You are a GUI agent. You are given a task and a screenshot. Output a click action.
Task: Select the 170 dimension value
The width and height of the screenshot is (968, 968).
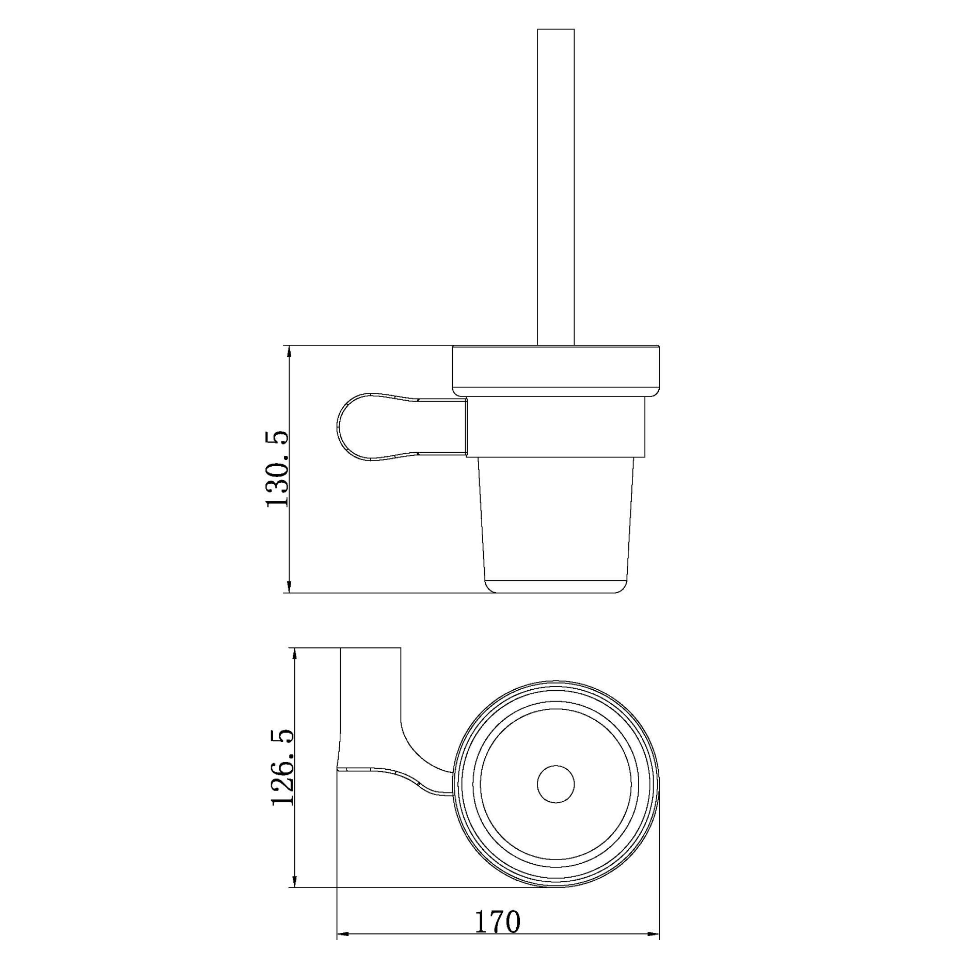(x=497, y=922)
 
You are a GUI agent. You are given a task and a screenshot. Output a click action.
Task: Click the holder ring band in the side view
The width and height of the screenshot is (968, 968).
(x=556, y=427)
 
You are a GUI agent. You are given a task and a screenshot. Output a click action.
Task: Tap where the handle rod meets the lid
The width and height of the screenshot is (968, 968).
(x=556, y=344)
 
